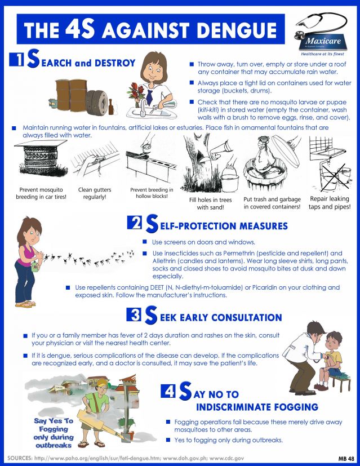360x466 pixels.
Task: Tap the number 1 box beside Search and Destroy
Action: tap(16, 59)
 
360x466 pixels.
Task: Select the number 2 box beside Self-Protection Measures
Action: tap(135, 223)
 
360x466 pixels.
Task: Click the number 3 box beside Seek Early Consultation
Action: tap(134, 314)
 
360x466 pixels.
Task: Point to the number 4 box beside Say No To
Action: tap(168, 390)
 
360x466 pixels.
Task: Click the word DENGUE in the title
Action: tap(237, 30)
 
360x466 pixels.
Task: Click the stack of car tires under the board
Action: tap(41, 158)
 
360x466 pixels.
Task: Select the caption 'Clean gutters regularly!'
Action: tap(95, 193)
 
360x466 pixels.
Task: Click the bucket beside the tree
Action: tap(230, 181)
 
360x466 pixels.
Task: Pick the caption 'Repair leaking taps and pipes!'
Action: tap(330, 203)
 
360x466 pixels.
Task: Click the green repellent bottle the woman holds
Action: tap(35, 266)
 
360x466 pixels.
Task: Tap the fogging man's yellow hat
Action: tap(101, 382)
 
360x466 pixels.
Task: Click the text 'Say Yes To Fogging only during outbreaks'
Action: tap(54, 433)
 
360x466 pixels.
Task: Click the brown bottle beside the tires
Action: tap(111, 107)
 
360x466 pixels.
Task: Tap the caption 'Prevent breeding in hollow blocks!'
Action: tap(152, 193)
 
